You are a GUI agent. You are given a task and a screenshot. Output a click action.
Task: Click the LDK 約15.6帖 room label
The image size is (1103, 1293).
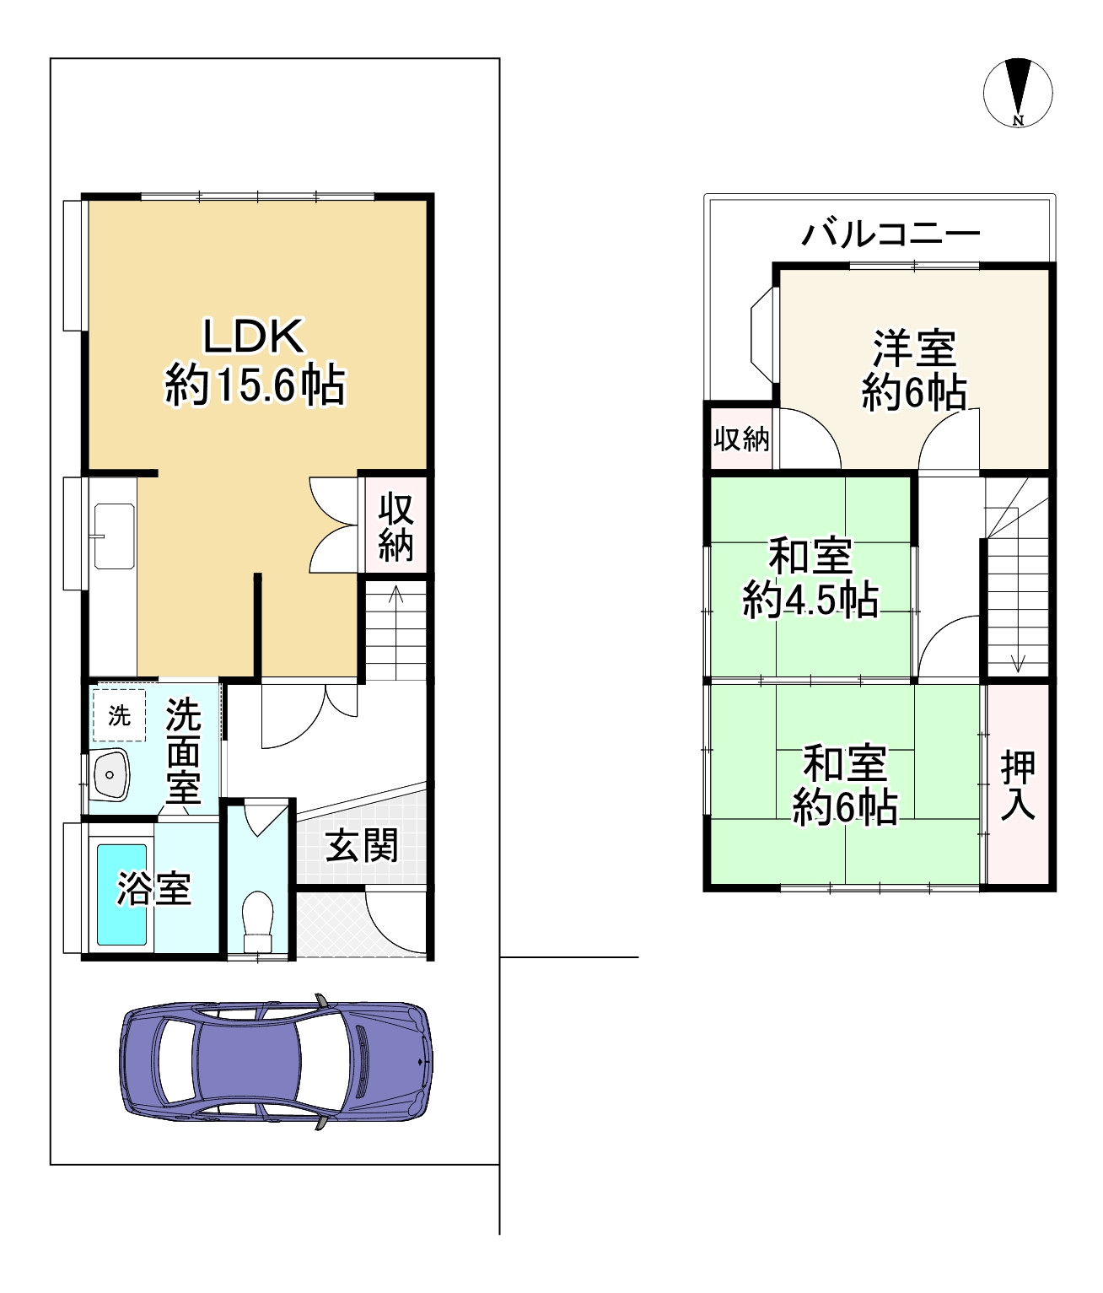coord(255,362)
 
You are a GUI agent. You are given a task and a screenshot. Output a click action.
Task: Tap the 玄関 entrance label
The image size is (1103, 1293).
coord(362,846)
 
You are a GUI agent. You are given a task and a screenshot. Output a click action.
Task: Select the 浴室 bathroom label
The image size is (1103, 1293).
coord(153,888)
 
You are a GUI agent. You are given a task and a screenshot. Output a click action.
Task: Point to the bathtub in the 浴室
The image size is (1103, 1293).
coord(122,895)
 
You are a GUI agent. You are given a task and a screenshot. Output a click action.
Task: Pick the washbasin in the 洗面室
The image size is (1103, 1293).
coord(110,774)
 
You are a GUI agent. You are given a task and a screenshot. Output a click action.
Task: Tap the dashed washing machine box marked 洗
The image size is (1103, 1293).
coord(119,715)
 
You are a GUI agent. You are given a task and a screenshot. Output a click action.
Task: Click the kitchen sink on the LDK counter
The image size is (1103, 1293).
coord(114,536)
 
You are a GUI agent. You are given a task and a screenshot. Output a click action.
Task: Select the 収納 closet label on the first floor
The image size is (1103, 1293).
coord(395,526)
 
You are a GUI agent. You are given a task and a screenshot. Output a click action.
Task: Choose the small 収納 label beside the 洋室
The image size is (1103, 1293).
coord(741,439)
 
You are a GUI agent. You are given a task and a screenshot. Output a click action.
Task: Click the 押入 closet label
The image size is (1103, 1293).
coord(1018,786)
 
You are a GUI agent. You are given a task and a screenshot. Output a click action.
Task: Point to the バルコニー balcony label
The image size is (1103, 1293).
coord(890,234)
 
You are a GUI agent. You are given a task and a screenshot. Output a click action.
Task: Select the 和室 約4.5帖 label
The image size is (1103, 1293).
coord(810,579)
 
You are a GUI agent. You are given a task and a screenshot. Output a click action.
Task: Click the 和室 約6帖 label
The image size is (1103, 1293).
coord(846,785)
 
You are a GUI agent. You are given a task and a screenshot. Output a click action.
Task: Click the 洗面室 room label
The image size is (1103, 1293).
coord(183,751)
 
